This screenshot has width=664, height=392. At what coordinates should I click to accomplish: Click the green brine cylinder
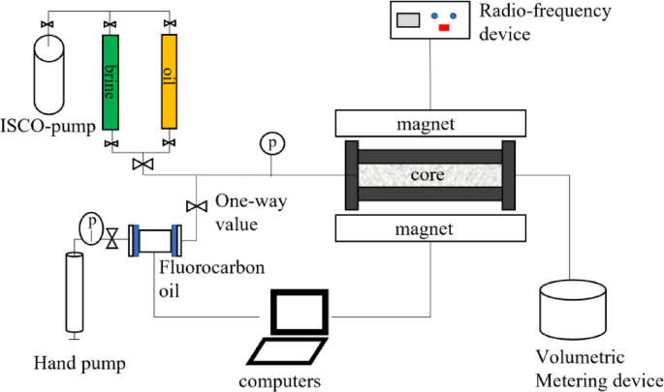(111, 83)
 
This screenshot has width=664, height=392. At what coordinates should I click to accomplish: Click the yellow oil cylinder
(170, 83)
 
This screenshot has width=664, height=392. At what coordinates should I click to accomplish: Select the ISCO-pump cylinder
(49, 76)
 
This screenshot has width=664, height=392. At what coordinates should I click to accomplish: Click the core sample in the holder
(427, 175)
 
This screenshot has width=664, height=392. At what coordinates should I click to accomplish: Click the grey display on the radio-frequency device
(407, 17)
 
